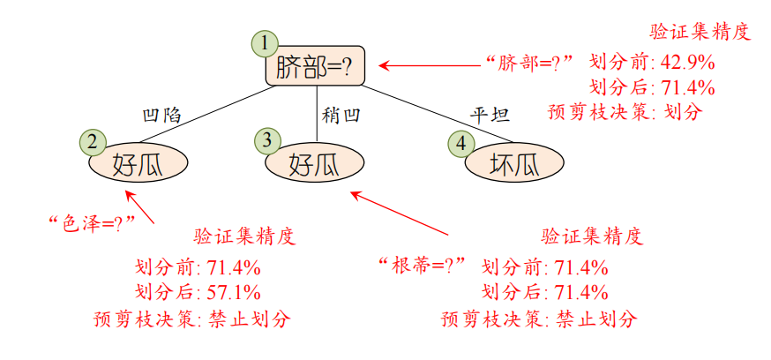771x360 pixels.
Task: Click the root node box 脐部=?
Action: [315, 67]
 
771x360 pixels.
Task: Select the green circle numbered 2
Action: [92, 141]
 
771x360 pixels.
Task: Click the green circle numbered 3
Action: [267, 139]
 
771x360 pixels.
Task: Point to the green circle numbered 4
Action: [460, 142]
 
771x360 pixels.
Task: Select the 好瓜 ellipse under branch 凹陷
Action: [138, 163]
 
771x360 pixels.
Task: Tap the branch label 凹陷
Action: [161, 115]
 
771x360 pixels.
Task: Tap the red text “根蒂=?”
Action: [422, 265]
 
